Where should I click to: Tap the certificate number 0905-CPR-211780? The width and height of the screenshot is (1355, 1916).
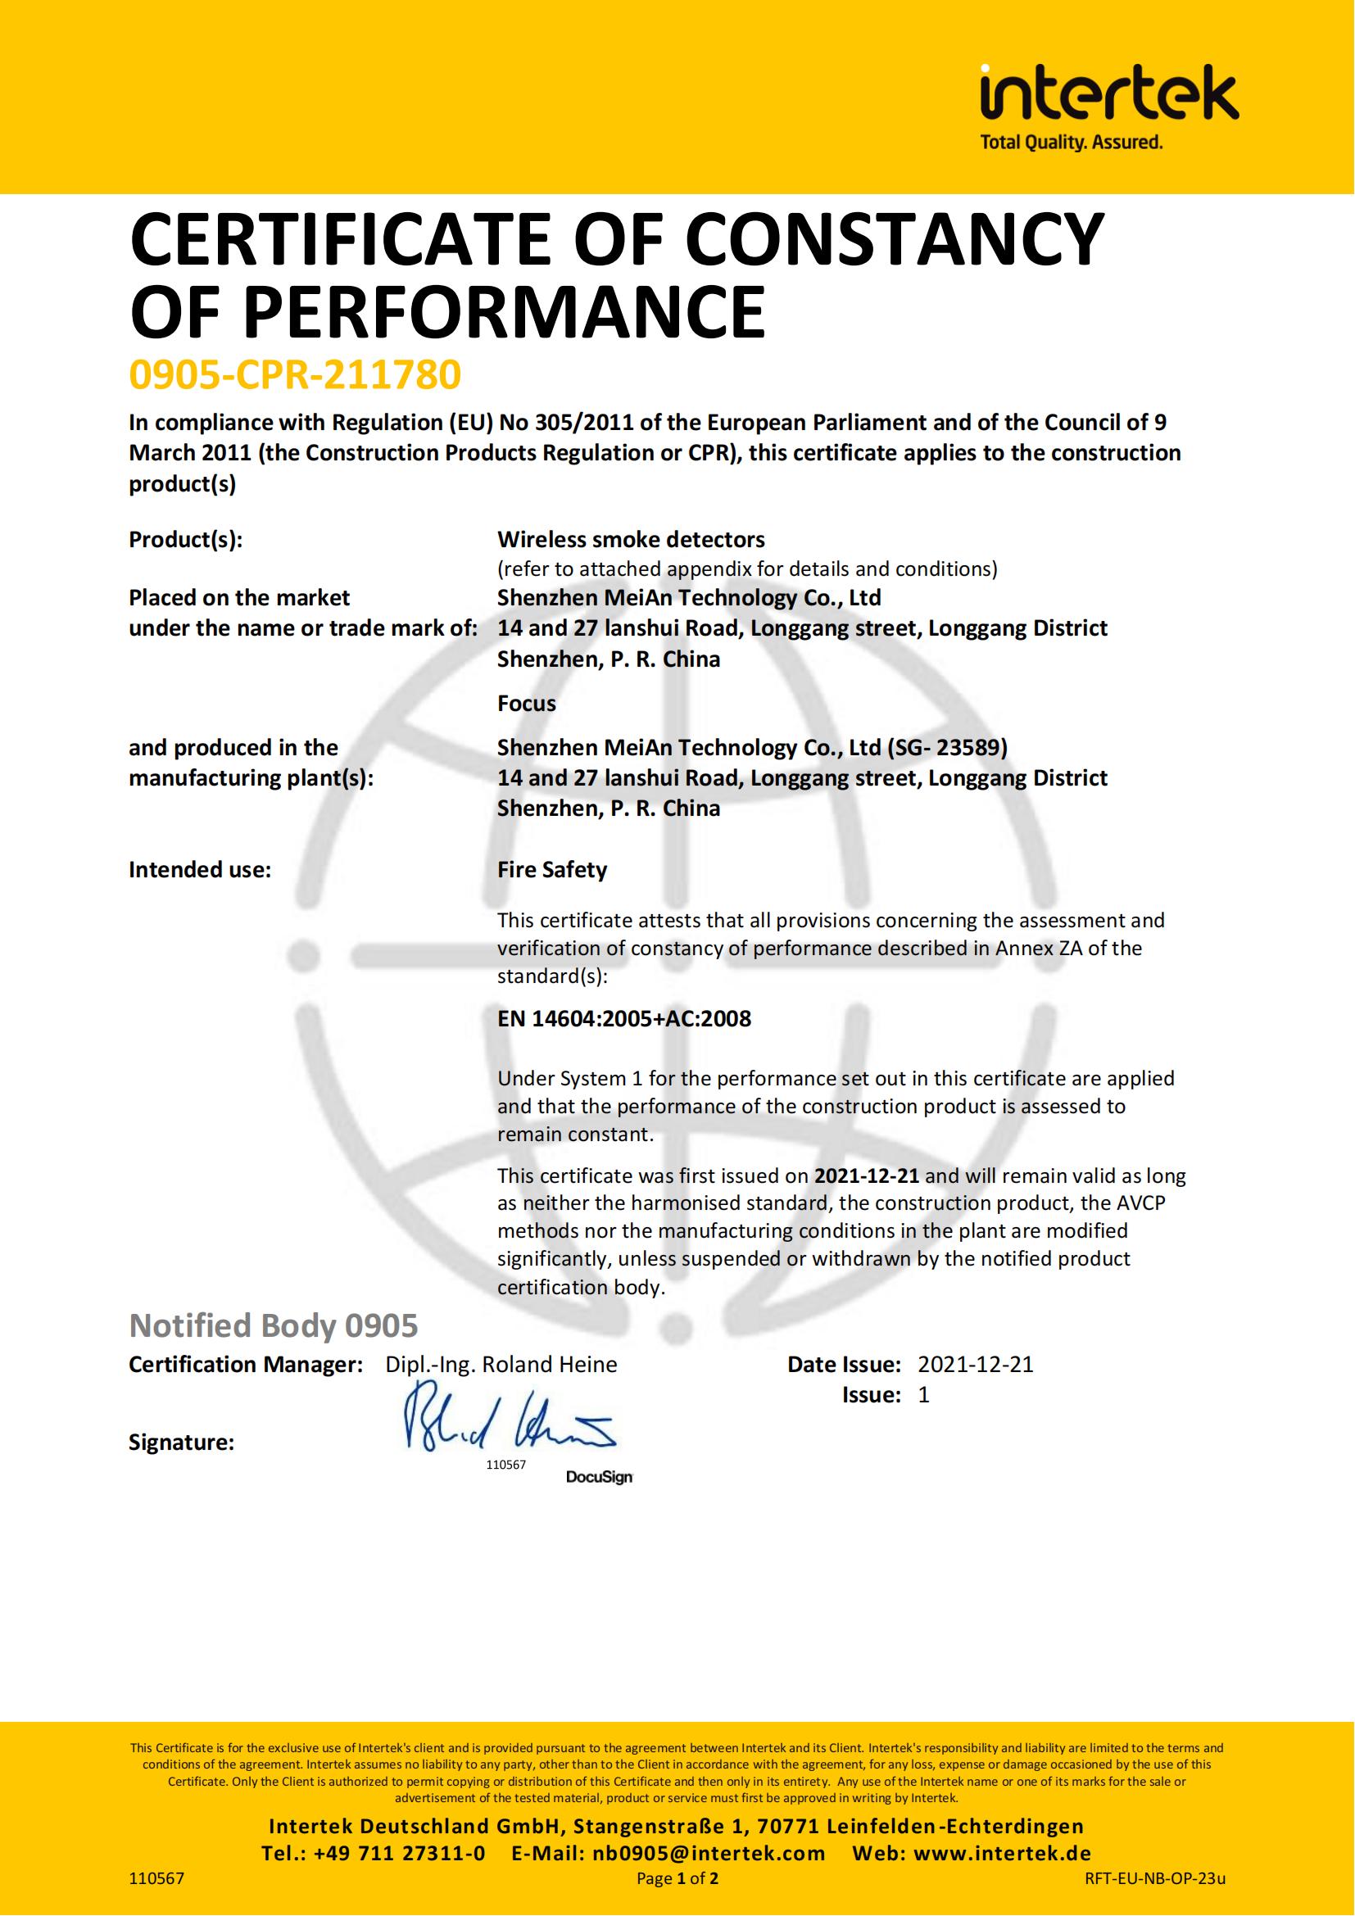[295, 374]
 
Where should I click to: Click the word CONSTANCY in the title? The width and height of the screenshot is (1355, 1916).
[895, 240]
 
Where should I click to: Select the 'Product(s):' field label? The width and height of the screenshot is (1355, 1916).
[185, 540]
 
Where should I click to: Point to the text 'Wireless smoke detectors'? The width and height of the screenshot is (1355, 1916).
[631, 540]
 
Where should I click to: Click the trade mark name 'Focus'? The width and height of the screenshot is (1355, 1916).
[527, 704]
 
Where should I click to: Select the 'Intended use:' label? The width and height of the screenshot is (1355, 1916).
[199, 870]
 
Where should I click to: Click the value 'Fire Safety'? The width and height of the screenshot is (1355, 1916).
[551, 870]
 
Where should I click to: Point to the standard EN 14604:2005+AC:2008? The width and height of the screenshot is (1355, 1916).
[624, 1018]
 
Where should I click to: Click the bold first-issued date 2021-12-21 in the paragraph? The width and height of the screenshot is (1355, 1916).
[866, 1175]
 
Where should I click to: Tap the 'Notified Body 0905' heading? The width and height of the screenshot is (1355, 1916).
[273, 1325]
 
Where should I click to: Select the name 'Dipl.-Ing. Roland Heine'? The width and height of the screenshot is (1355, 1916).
[501, 1365]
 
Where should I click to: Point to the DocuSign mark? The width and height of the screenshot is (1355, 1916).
[599, 1477]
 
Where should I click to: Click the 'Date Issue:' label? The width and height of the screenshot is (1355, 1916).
[844, 1365]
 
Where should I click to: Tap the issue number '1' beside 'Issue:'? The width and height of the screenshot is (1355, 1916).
[923, 1394]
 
